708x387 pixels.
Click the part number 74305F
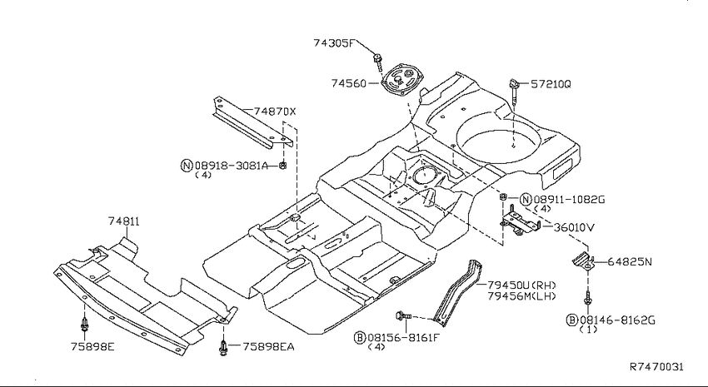pos(334,43)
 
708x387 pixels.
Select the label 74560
pos(348,83)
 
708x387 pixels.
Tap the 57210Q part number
pos(551,84)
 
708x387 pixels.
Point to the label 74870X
pos(275,112)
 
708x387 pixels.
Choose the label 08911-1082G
pos(569,200)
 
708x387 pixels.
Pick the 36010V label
pos(575,227)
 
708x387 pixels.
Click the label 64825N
pos(630,261)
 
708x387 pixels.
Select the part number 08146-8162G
pos(617,320)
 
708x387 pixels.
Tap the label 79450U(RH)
pos(521,285)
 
